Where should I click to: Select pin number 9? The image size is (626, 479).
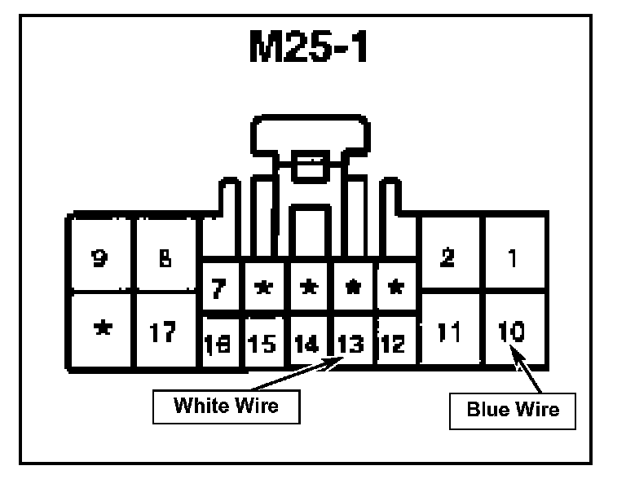[101, 259]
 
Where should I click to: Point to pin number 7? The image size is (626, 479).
[218, 287]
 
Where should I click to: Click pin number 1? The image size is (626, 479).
[512, 259]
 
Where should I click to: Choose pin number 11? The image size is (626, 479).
[447, 332]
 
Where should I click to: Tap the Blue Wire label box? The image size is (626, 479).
[513, 409]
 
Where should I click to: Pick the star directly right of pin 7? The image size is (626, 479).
[262, 288]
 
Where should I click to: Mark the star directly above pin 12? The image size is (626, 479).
[394, 288]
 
